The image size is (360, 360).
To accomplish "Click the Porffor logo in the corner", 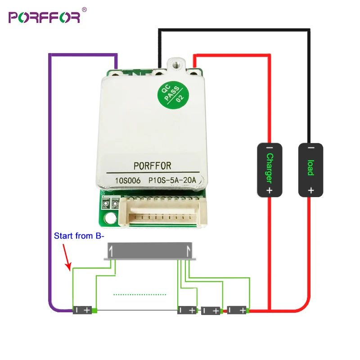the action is (x=44, y=17).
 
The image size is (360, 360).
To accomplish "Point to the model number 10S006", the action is (x=128, y=181).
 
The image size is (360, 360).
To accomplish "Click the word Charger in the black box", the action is (x=270, y=169).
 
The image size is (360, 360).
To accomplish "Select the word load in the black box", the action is (x=310, y=168).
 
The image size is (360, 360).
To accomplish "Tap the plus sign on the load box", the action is (x=310, y=190).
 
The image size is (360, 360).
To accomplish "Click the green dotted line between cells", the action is (x=139, y=295).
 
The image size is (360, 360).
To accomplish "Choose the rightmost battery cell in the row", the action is (x=237, y=310).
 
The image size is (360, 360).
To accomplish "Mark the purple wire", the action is (x=49, y=180).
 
